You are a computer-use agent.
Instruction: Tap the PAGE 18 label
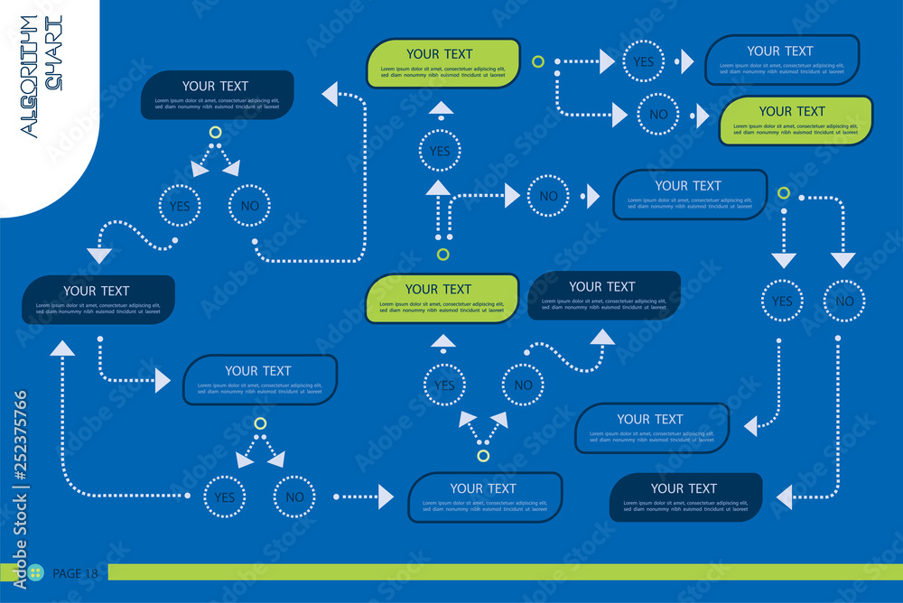pyautogui.click(x=75, y=573)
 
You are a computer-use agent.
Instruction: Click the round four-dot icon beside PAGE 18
pyautogui.click(x=35, y=573)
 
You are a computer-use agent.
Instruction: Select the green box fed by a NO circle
pyautogui.click(x=796, y=120)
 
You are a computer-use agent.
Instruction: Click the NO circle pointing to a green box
pyautogui.click(x=658, y=115)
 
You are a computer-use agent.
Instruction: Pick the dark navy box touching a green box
pyautogui.click(x=604, y=295)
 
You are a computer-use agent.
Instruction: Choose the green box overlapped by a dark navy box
pyautogui.click(x=442, y=298)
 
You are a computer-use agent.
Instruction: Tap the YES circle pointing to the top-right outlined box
pyautogui.click(x=643, y=62)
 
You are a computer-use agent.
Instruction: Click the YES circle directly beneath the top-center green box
pyautogui.click(x=440, y=151)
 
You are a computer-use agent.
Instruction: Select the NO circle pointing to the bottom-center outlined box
pyautogui.click(x=294, y=496)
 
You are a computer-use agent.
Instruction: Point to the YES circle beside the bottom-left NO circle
pyautogui.click(x=224, y=496)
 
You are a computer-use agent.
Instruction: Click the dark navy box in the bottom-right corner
pyautogui.click(x=685, y=496)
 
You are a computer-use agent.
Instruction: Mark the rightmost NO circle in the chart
pyautogui.click(x=844, y=301)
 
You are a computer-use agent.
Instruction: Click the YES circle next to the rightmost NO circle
pyautogui.click(x=782, y=301)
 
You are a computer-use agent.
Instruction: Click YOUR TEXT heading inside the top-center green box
pyautogui.click(x=440, y=54)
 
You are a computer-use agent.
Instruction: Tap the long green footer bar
pyautogui.click(x=506, y=572)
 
